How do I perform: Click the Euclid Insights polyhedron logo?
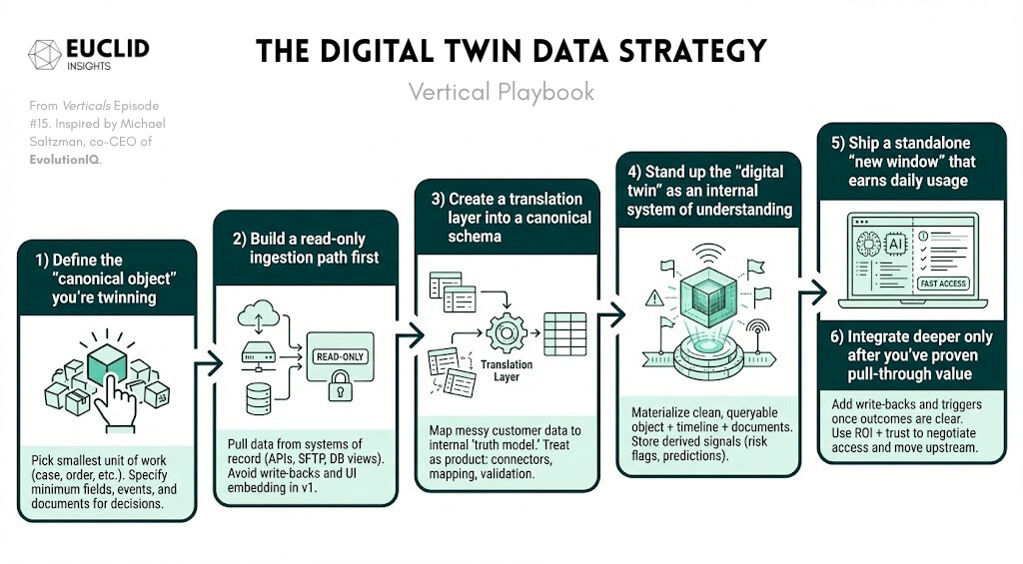click(x=45, y=54)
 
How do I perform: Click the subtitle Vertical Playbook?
click(x=501, y=92)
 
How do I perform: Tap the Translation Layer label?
click(x=507, y=371)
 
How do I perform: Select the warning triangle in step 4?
click(x=655, y=296)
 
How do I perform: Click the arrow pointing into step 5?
click(x=816, y=292)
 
